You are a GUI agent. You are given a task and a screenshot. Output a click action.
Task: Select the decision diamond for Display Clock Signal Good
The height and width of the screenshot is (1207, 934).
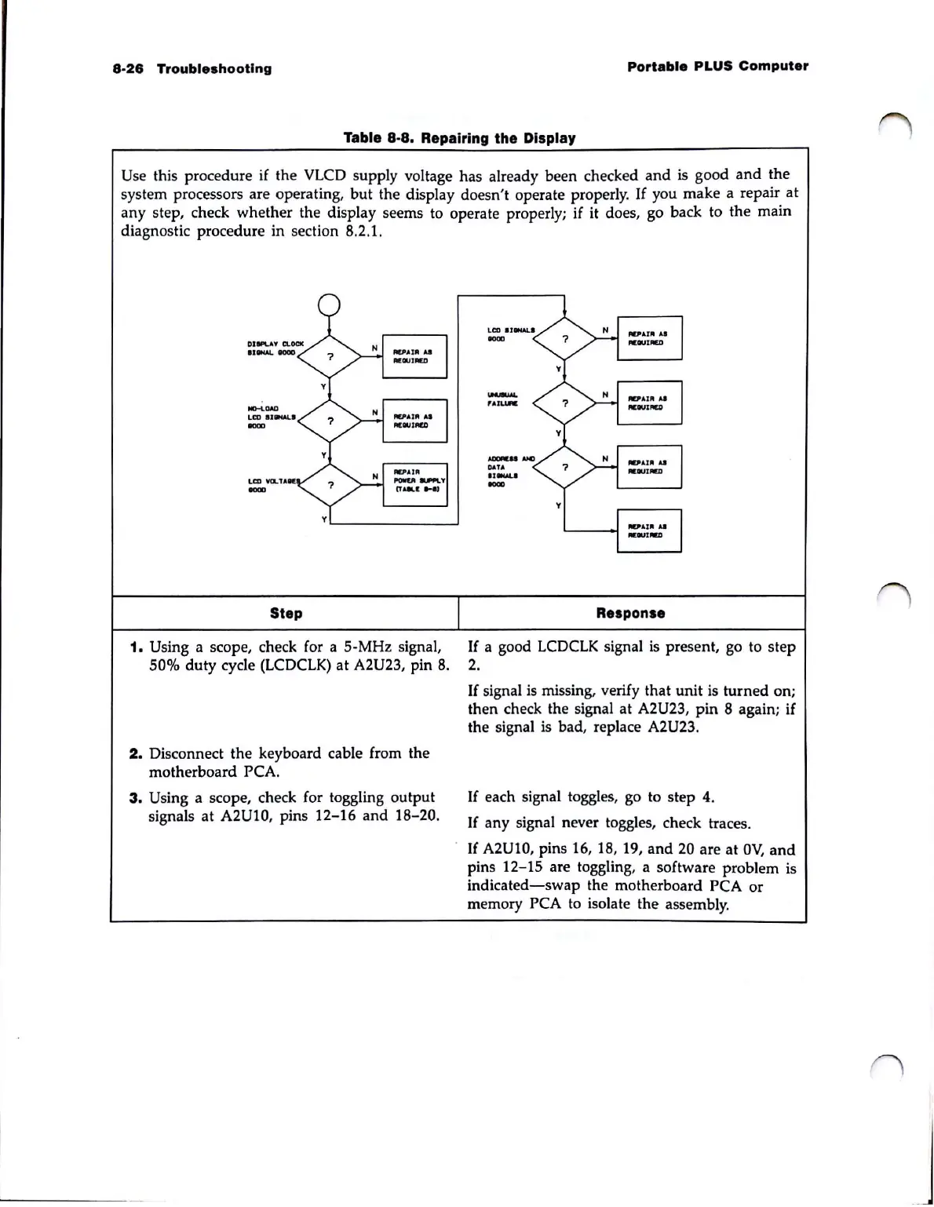(x=330, y=356)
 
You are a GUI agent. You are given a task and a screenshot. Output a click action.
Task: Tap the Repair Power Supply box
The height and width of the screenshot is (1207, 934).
(x=414, y=484)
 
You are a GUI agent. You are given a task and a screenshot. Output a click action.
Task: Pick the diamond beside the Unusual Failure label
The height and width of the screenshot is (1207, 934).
(x=564, y=403)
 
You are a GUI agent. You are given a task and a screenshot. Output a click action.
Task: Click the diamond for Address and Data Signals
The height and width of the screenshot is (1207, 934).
(x=564, y=467)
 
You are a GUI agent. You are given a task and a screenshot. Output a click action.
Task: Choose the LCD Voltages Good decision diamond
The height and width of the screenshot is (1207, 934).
(x=330, y=485)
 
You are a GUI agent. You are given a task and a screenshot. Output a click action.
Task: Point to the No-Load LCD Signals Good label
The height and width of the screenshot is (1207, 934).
(x=271, y=417)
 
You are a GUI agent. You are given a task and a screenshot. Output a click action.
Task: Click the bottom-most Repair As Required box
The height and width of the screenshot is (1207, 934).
(x=649, y=531)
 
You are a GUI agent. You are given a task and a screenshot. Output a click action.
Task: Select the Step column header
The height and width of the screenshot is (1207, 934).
(x=286, y=613)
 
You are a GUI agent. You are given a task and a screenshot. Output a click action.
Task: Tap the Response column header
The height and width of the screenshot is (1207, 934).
(x=630, y=613)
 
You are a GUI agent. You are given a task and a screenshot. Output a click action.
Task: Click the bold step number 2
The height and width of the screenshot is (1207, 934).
(x=134, y=753)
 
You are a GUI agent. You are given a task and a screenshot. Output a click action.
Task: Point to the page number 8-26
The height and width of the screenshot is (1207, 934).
(x=127, y=68)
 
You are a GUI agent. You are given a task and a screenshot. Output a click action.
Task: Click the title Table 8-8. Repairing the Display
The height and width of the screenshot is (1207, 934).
(x=459, y=138)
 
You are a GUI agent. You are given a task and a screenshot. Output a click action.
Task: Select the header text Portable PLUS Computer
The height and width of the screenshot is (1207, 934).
(x=717, y=66)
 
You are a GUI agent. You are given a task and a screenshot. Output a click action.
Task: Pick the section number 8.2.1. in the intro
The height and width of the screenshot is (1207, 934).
(x=363, y=232)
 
